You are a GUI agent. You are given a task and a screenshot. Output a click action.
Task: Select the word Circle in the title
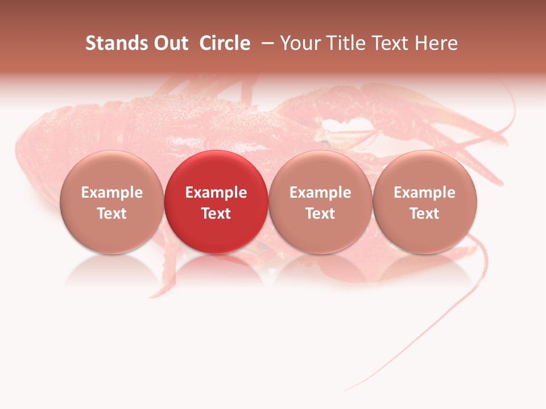(x=225, y=43)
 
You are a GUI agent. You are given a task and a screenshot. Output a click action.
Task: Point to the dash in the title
(x=266, y=43)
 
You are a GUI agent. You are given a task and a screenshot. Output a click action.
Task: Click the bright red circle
(x=216, y=201)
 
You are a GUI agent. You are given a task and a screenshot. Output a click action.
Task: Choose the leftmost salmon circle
(x=112, y=201)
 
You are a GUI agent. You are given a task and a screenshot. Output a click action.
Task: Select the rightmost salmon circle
(x=424, y=201)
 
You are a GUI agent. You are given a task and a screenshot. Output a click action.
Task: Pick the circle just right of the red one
(x=320, y=201)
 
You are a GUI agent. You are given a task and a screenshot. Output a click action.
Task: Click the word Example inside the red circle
(x=216, y=193)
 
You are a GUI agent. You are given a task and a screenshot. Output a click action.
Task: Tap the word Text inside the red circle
(x=216, y=214)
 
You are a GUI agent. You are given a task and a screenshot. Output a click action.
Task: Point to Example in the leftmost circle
(x=112, y=193)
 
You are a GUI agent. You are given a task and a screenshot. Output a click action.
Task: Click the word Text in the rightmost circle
(x=424, y=214)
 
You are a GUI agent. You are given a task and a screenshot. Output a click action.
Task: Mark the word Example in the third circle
(x=320, y=193)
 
